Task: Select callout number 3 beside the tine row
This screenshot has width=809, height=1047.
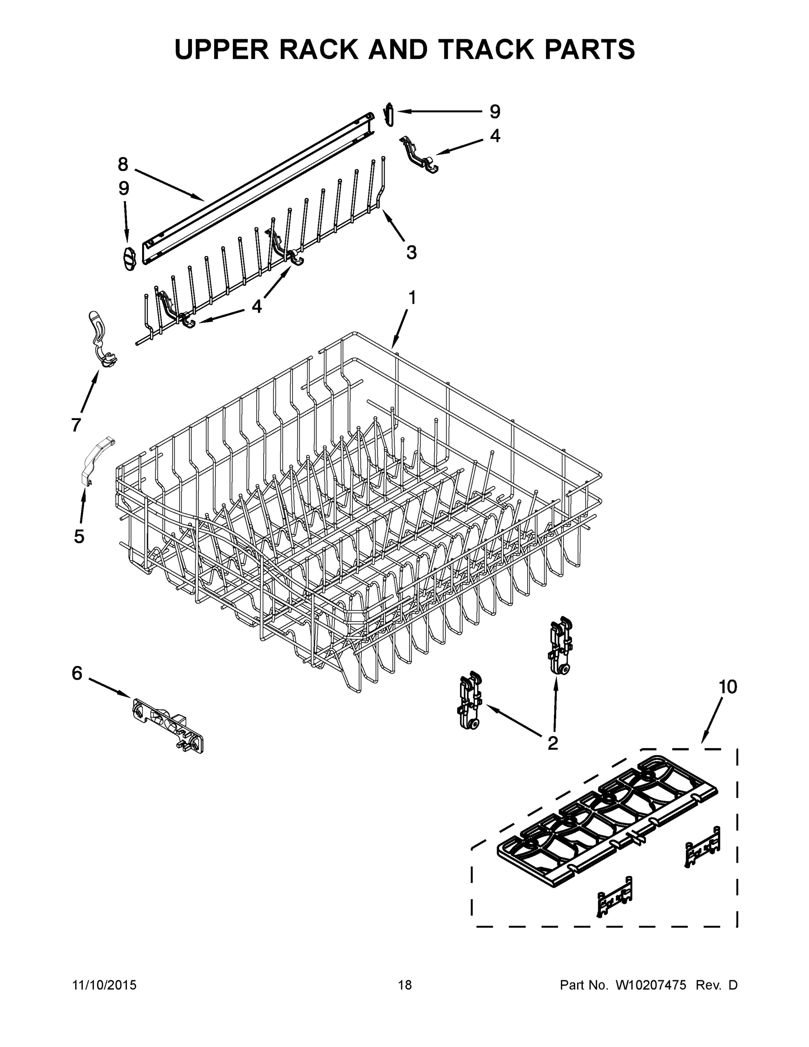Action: pyautogui.click(x=411, y=252)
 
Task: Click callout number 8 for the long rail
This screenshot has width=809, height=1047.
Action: pyautogui.click(x=123, y=164)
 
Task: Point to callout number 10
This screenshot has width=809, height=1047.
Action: pyautogui.click(x=727, y=687)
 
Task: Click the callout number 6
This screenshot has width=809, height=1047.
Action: pyautogui.click(x=77, y=674)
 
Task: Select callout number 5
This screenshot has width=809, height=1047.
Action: pyautogui.click(x=79, y=537)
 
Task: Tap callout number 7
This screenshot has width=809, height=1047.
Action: pyautogui.click(x=76, y=425)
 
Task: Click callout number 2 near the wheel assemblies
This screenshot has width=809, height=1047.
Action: pyautogui.click(x=553, y=743)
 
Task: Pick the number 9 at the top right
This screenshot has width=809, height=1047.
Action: pyautogui.click(x=495, y=112)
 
